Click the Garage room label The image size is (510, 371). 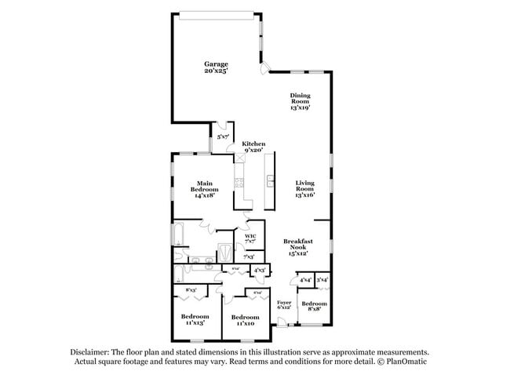click(x=217, y=67)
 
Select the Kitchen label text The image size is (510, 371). click(x=253, y=147)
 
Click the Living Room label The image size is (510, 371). click(x=304, y=189)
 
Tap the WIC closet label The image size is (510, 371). click(x=250, y=238)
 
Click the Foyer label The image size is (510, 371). click(x=284, y=304)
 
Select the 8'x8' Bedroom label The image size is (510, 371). click(x=314, y=306)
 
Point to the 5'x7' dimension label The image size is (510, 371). click(x=224, y=136)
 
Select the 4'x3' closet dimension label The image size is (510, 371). click(x=259, y=270)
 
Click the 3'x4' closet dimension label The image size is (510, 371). click(x=322, y=279)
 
